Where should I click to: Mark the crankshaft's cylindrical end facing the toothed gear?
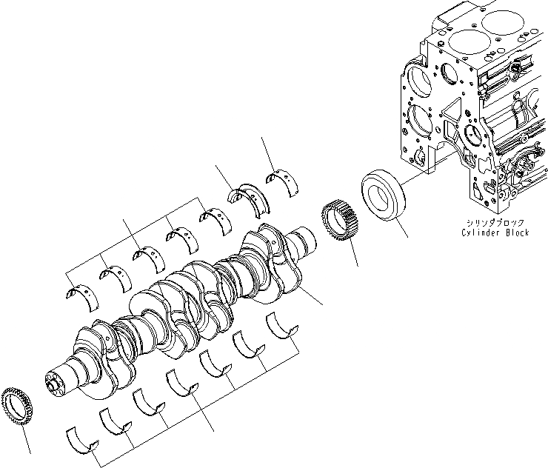tap(302, 244)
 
